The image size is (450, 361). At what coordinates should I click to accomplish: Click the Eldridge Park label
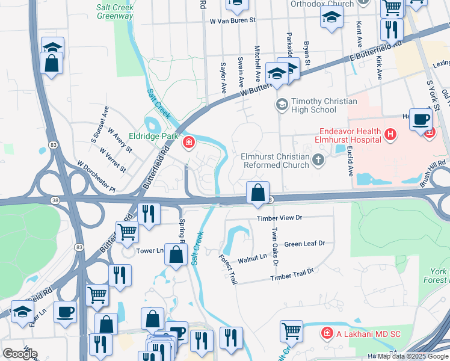coord(153,137)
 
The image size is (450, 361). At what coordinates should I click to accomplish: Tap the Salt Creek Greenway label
coord(114,12)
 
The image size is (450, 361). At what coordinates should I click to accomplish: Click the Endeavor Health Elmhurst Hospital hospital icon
coord(390,135)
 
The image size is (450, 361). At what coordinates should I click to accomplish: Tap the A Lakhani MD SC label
coord(365,333)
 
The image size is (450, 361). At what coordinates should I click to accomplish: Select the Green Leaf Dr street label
coord(304,244)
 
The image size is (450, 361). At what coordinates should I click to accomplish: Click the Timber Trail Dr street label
coord(292,274)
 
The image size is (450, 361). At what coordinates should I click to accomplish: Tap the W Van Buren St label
coord(232,20)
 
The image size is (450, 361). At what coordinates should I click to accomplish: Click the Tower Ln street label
coord(150,251)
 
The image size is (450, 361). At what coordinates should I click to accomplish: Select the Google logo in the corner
coord(20,354)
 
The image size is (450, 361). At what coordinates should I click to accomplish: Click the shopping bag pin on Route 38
coord(257,194)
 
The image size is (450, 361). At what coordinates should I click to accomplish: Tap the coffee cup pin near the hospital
coord(421,120)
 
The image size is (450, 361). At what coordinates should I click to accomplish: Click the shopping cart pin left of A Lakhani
coord(291,330)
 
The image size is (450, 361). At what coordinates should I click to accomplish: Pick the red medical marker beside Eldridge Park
coord(189,143)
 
